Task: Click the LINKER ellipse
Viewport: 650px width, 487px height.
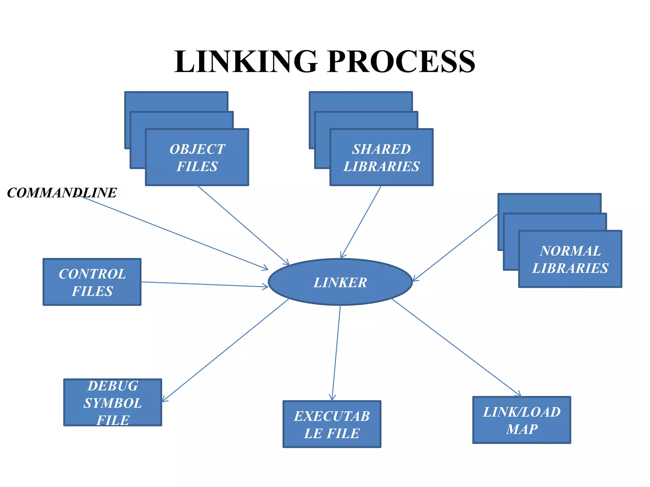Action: pos(340,282)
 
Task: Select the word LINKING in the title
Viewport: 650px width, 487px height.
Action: pos(246,62)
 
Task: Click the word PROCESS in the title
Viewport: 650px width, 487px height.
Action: pos(401,62)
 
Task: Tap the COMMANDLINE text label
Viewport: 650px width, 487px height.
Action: pos(62,193)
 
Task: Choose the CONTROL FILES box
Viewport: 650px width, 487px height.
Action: pos(92,282)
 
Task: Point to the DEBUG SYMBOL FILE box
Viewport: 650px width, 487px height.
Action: pos(113,402)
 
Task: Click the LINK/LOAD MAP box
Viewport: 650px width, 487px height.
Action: pos(521,420)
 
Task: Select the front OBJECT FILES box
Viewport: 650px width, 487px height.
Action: pos(197,157)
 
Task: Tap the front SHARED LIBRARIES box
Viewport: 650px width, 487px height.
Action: pos(381,157)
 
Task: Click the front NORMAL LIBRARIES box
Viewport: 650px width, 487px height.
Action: pos(570,259)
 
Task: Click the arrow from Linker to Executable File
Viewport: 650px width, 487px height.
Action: pos(336,352)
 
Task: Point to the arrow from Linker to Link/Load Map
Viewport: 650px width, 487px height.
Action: pos(455,347)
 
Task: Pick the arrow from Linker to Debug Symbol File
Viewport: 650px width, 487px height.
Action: pos(225,350)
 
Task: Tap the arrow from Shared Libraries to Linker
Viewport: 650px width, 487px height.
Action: pos(361,222)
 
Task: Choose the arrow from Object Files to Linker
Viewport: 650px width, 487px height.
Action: pos(243,225)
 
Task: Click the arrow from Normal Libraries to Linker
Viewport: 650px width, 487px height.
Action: pos(455,248)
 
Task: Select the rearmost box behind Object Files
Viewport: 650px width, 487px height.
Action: pos(176,101)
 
